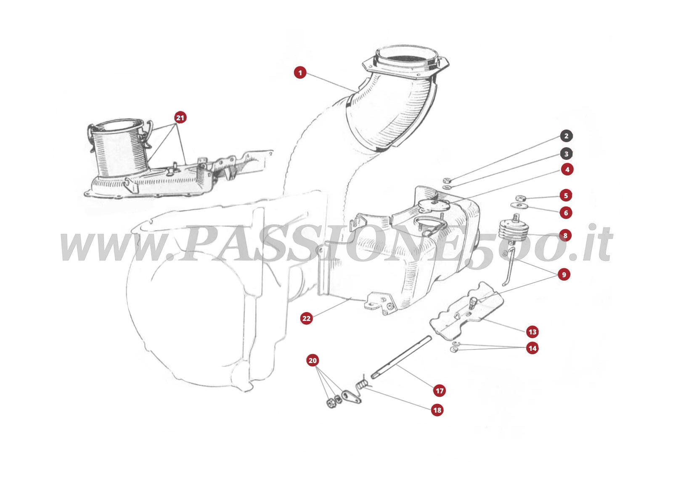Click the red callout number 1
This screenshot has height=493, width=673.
click(x=300, y=73)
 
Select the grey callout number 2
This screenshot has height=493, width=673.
click(x=566, y=136)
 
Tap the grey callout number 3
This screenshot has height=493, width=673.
click(x=566, y=154)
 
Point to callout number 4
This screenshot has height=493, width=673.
click(x=567, y=170)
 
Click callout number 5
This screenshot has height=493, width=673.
click(x=566, y=195)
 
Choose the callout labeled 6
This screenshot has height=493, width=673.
click(x=566, y=213)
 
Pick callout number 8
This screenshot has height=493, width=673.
click(x=565, y=236)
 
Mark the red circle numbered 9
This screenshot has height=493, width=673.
click(x=564, y=275)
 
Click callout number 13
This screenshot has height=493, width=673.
click(x=533, y=332)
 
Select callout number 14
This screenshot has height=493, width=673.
click(x=533, y=348)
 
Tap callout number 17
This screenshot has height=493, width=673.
click(x=440, y=391)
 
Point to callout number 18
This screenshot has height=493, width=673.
click(x=437, y=410)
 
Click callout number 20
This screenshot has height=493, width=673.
click(x=313, y=360)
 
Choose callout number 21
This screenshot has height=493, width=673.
click(x=180, y=118)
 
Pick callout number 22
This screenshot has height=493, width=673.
click(x=307, y=318)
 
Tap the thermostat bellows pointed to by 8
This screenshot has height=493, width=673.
click(x=514, y=231)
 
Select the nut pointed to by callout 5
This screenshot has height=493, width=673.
click(x=521, y=198)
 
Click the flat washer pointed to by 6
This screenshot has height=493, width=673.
click(x=519, y=206)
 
